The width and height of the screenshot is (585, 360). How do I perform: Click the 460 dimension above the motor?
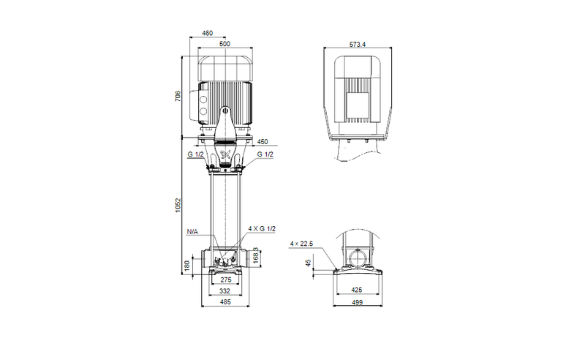(x=207, y=33)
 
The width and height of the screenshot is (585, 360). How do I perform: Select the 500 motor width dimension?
(x=224, y=45)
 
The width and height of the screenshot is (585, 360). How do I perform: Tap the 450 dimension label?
(x=263, y=141)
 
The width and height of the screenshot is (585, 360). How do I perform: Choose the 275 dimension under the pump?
(x=226, y=280)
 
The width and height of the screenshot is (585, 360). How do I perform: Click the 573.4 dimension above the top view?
(x=358, y=45)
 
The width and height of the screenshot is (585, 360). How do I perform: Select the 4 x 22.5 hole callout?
(x=301, y=243)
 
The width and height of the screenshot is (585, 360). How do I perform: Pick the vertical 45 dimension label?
(x=308, y=262)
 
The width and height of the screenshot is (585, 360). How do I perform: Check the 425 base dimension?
(x=358, y=291)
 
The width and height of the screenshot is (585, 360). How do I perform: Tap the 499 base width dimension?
(x=358, y=303)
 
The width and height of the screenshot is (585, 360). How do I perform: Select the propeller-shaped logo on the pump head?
(x=226, y=154)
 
